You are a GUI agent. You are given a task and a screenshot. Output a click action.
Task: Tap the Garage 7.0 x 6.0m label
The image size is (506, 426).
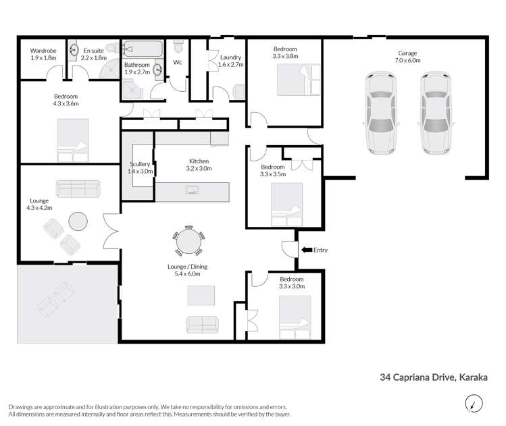point(407,57)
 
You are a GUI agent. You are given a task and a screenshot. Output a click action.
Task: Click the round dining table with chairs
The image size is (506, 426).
point(188,241)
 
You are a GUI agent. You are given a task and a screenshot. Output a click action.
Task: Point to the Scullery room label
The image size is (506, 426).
point(141,168)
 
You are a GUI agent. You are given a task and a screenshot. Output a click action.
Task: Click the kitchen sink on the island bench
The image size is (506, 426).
point(193,192)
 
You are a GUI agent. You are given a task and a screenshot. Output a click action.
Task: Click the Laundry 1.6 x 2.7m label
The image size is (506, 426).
point(231,61)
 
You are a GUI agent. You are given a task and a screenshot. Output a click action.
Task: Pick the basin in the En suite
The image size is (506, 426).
point(73,51)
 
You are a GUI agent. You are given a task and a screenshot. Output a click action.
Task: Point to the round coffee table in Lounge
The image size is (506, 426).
point(78,221)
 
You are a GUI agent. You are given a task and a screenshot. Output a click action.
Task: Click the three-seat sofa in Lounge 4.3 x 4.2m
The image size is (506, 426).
point(78,188)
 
